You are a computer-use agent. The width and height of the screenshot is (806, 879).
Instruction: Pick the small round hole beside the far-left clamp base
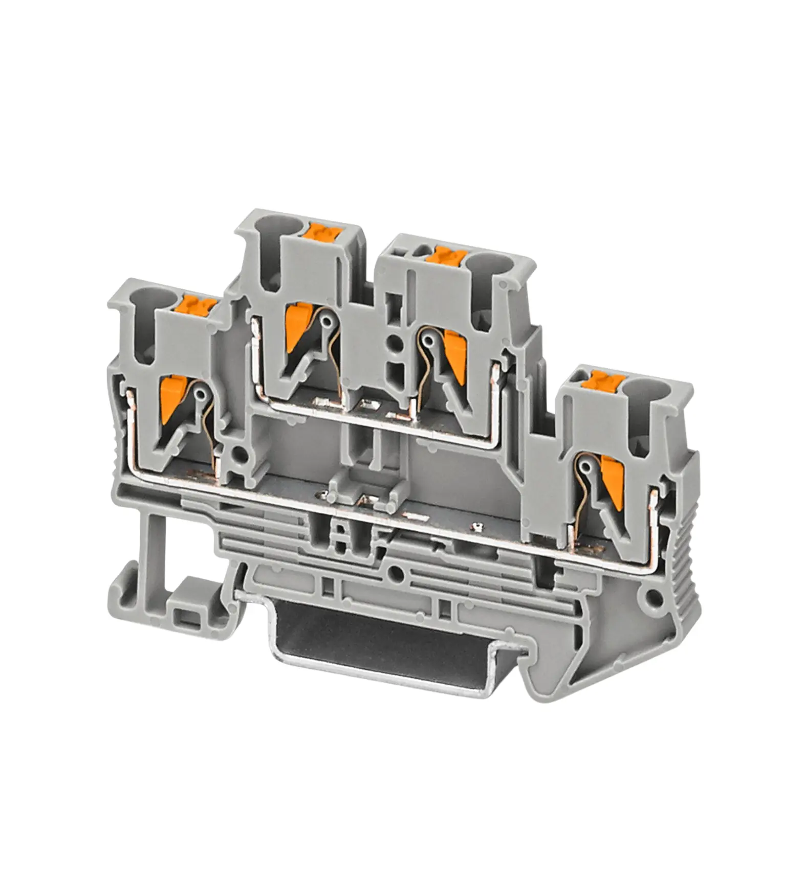pyautogui.click(x=238, y=453)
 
